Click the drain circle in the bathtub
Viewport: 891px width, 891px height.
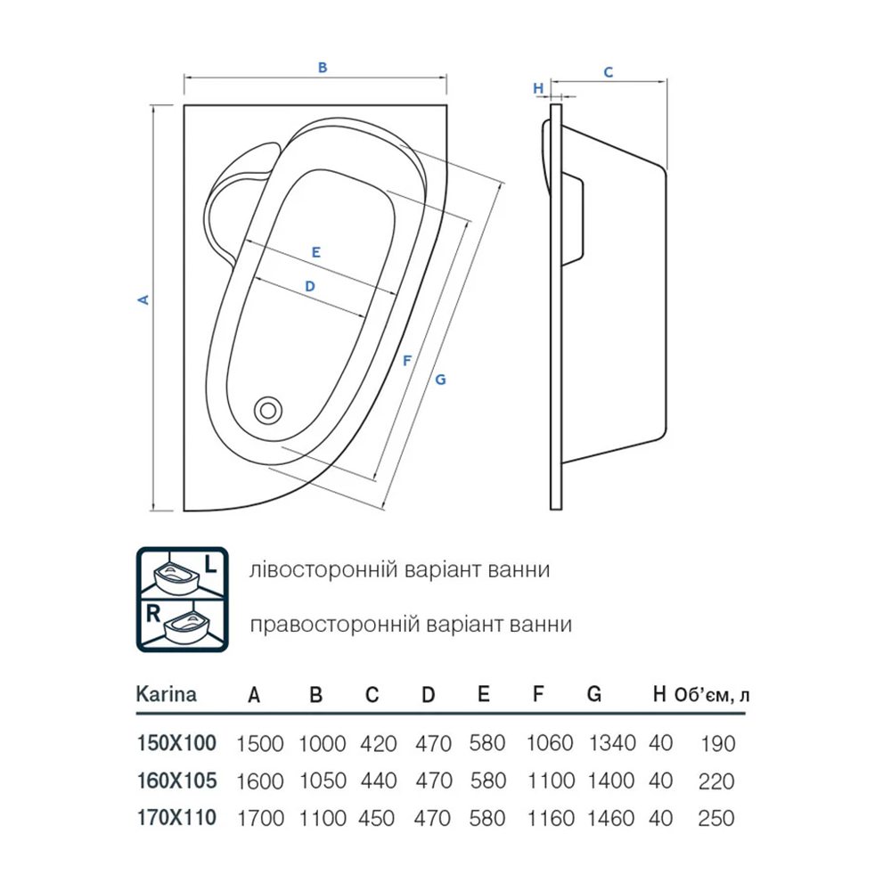pos(268,410)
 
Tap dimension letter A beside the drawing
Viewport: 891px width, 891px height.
pos(143,299)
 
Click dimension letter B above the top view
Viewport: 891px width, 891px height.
pos(323,68)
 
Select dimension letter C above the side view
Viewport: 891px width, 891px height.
pos(609,72)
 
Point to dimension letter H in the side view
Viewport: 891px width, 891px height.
pos(538,88)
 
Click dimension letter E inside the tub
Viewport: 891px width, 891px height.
pos(316,252)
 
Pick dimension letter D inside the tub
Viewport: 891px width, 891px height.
pos(310,286)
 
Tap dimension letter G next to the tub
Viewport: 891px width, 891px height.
pos(440,380)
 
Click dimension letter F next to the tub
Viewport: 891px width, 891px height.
pos(406,360)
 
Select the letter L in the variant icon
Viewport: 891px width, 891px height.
pos(210,564)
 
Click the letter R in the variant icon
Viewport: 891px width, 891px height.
pos(153,614)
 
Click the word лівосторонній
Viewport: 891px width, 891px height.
pos(323,569)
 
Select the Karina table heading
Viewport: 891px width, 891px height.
pos(167,694)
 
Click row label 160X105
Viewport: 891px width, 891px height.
pos(176,781)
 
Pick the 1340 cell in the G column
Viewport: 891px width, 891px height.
pos(612,743)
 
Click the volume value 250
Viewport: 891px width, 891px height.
pos(716,818)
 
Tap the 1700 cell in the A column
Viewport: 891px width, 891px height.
pos(260,818)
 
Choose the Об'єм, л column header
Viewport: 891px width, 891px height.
pos(712,695)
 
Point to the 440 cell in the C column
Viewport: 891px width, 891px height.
pos(378,781)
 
